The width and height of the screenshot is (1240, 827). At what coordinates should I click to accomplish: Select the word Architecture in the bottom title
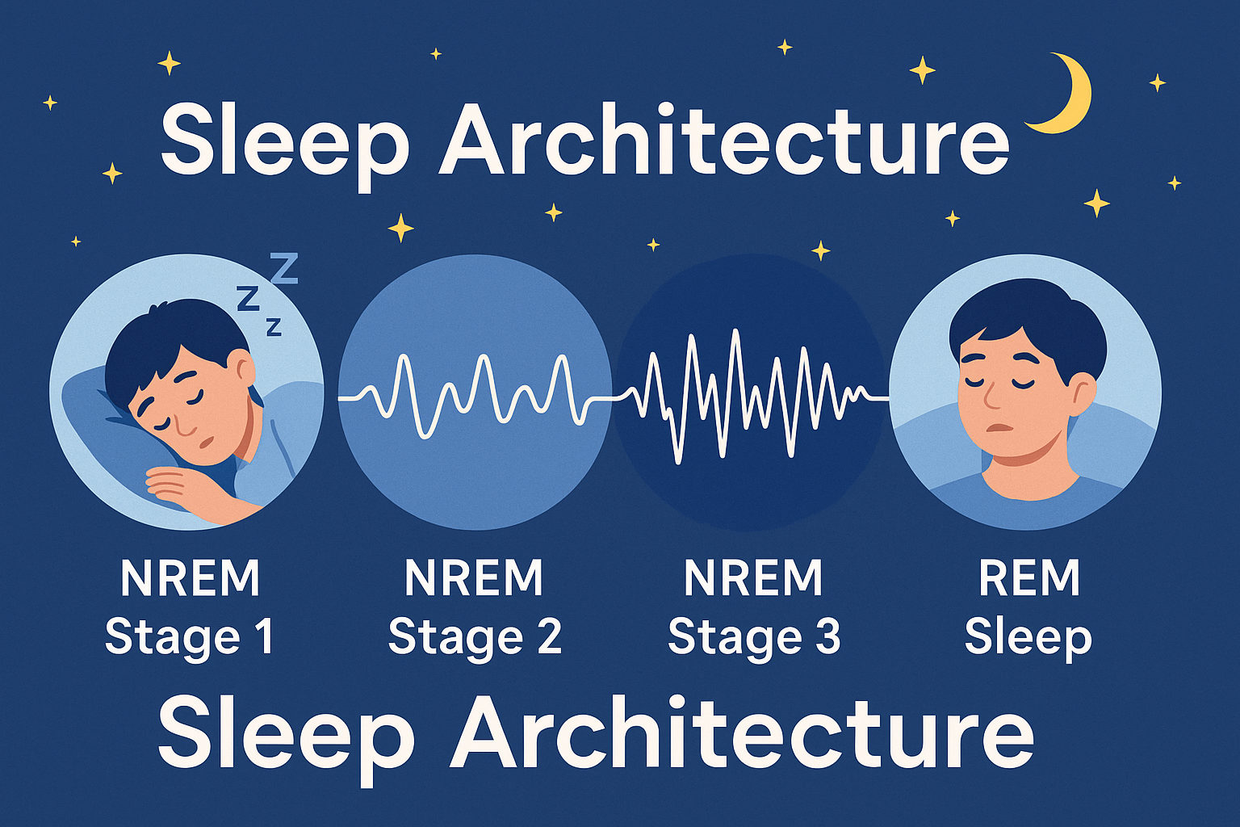pos(742,734)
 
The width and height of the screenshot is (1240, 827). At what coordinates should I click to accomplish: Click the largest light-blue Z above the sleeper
pos(283,268)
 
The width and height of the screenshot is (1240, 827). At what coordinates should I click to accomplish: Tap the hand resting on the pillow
pos(182,488)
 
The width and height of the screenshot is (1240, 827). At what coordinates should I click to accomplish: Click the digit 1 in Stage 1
pos(265,636)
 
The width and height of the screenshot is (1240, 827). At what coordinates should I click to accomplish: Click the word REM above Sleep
pos(1029,577)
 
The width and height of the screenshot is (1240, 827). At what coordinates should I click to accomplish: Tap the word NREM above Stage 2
pos(474,577)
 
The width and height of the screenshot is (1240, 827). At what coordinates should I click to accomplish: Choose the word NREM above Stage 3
pos(753,577)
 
